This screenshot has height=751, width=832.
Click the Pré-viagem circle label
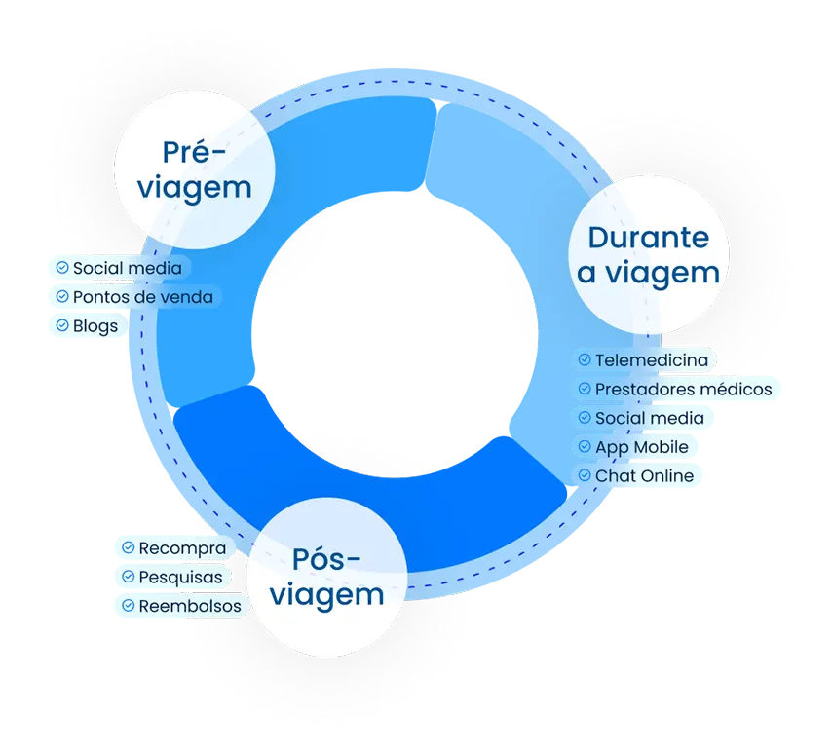[x=194, y=169]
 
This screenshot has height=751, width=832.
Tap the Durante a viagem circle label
[x=649, y=255]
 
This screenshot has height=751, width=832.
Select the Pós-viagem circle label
[x=327, y=577]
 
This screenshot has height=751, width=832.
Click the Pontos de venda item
[x=135, y=297]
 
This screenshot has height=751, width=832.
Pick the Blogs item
[x=88, y=325]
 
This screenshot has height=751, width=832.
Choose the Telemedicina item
[x=644, y=360]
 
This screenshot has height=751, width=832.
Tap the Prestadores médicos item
[x=675, y=389]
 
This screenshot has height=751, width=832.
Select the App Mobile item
[x=634, y=446]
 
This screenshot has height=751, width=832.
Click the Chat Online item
[x=637, y=475]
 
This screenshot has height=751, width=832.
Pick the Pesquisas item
[x=173, y=577]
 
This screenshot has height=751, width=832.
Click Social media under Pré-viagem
[x=120, y=268]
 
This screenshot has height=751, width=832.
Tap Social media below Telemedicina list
[x=642, y=418]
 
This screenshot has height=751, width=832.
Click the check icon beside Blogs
[x=62, y=325]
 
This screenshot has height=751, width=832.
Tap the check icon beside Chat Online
[x=585, y=475]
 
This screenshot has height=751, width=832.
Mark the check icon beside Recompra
[x=128, y=547]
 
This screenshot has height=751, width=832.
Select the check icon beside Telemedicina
[x=585, y=359]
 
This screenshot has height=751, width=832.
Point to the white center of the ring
[x=395, y=334]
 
